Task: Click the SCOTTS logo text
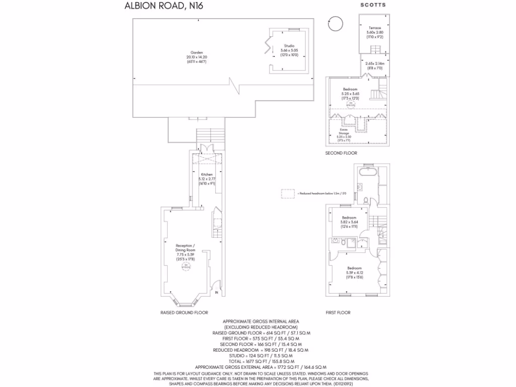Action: (x=373, y=5)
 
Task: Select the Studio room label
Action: (x=289, y=46)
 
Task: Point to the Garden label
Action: (x=197, y=52)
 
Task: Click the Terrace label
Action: (x=374, y=28)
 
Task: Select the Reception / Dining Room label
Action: (x=185, y=247)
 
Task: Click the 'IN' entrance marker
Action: (x=217, y=292)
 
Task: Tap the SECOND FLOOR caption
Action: (x=341, y=153)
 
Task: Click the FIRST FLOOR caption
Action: (x=338, y=312)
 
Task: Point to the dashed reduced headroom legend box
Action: (x=288, y=193)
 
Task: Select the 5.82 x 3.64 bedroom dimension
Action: (x=349, y=222)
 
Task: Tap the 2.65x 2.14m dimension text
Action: (x=374, y=63)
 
